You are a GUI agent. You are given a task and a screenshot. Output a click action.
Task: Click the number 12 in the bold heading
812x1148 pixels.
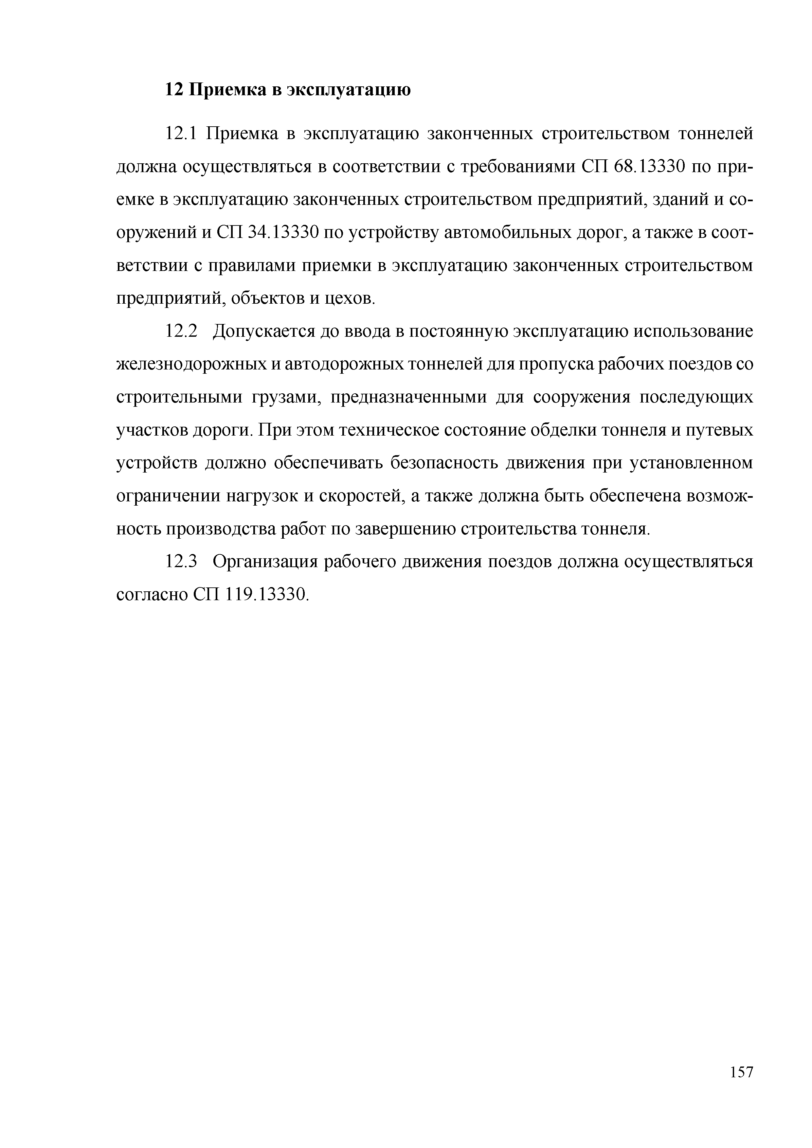[x=174, y=90]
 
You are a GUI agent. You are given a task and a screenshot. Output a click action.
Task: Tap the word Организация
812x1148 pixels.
[x=265, y=562]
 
